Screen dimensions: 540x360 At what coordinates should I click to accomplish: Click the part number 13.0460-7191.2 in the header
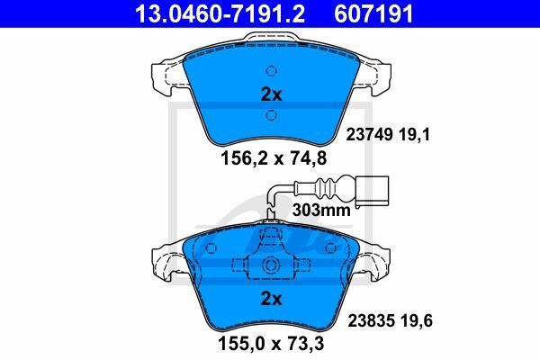pos(220,13)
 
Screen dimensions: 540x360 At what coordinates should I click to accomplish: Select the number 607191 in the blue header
pos(373,13)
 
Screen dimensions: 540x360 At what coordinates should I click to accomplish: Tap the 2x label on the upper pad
pos(272,94)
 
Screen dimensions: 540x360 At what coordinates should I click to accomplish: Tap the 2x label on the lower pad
pos(272,299)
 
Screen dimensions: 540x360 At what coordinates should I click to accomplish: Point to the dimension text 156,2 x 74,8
pos(274,158)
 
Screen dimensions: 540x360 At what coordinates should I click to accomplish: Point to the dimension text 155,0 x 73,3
pos(271,344)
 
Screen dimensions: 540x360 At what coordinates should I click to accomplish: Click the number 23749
pos(369,135)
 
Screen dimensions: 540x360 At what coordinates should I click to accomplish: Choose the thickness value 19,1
pos(415,135)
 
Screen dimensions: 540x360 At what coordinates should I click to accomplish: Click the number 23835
pos(371,320)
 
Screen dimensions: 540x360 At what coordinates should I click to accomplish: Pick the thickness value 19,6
pos(417,320)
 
